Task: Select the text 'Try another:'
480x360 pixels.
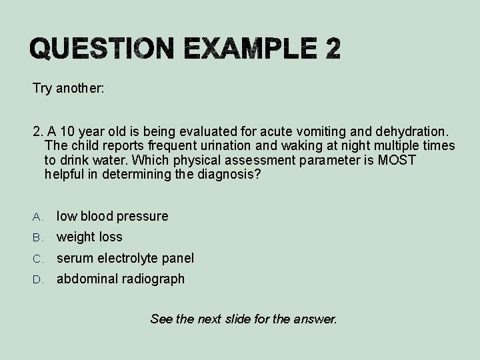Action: (x=68, y=88)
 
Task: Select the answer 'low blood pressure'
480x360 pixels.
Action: (x=112, y=216)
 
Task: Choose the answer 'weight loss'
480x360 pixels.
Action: (x=89, y=237)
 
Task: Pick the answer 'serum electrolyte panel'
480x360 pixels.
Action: (x=125, y=258)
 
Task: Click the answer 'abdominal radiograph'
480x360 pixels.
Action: (x=120, y=279)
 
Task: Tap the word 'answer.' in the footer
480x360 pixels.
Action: (x=317, y=319)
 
